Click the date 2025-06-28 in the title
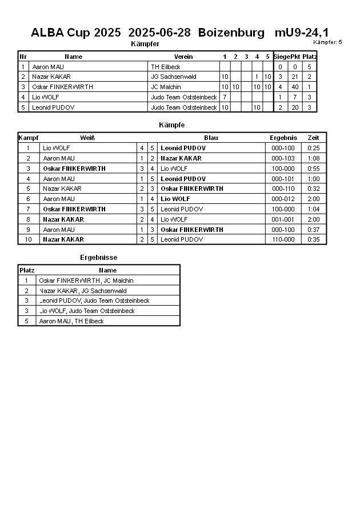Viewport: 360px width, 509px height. (x=159, y=33)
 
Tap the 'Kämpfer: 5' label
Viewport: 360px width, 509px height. (x=327, y=42)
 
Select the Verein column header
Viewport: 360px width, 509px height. (x=183, y=57)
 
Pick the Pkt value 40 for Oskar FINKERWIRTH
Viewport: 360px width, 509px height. (x=295, y=87)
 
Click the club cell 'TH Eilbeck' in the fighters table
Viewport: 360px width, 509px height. (x=165, y=67)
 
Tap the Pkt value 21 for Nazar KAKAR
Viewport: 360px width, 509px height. (x=295, y=77)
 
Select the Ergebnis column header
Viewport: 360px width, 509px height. (x=283, y=138)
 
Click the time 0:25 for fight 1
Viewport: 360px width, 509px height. (x=313, y=148)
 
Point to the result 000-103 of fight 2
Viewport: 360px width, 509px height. (x=283, y=158)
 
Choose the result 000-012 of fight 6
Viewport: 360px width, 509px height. (x=283, y=199)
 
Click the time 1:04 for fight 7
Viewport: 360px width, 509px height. (x=313, y=209)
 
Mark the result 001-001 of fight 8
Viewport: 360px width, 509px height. (x=283, y=219)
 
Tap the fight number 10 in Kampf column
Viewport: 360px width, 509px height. (x=27, y=240)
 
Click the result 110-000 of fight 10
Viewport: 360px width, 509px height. (x=283, y=240)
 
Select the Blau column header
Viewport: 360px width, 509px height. (x=211, y=138)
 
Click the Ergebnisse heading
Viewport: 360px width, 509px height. (x=98, y=258)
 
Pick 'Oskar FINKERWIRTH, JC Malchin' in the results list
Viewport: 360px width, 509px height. (x=86, y=280)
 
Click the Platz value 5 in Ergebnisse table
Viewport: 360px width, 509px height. (x=26, y=321)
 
